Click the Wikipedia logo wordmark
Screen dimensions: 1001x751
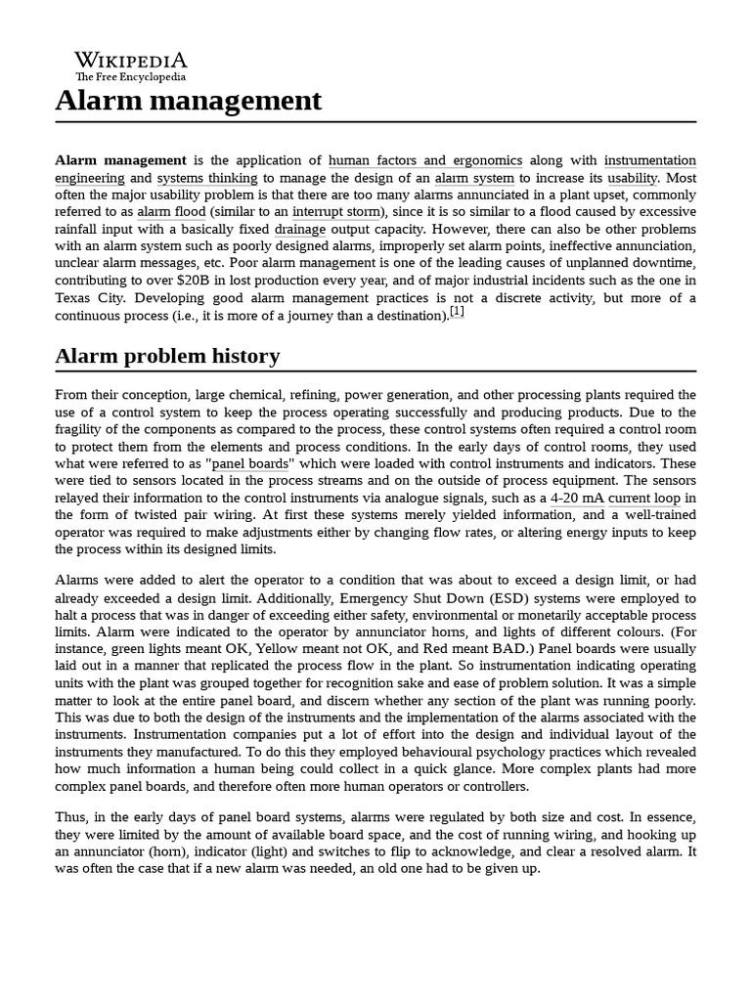[x=130, y=60]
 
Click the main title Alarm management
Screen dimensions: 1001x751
[x=188, y=100]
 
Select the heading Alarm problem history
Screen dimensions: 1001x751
[x=167, y=356]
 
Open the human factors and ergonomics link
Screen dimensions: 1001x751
[x=425, y=160]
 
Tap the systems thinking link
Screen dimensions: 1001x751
[x=207, y=178]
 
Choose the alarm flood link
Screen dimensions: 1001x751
[x=171, y=212]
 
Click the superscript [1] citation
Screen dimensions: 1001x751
[x=457, y=313]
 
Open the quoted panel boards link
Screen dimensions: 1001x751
[x=250, y=463]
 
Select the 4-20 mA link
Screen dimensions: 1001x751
[x=577, y=498]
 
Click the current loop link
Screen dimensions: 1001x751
[x=643, y=498]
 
